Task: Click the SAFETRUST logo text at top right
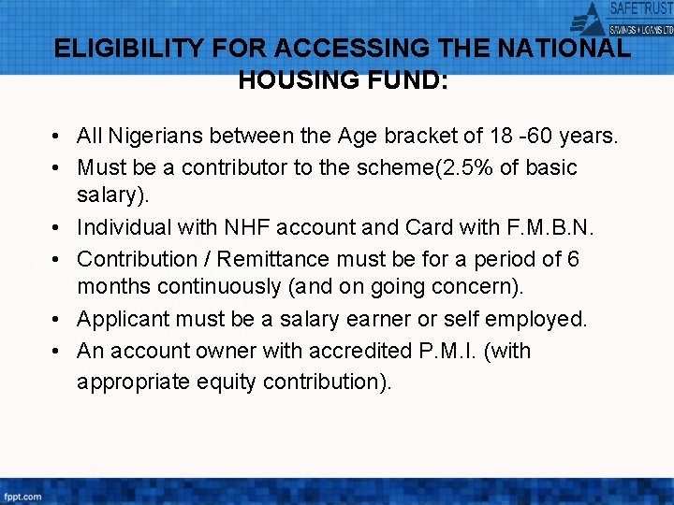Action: [x=640, y=9]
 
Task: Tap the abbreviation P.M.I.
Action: [x=451, y=351]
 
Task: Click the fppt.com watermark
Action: [x=22, y=496]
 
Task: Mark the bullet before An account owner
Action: [x=58, y=352]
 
